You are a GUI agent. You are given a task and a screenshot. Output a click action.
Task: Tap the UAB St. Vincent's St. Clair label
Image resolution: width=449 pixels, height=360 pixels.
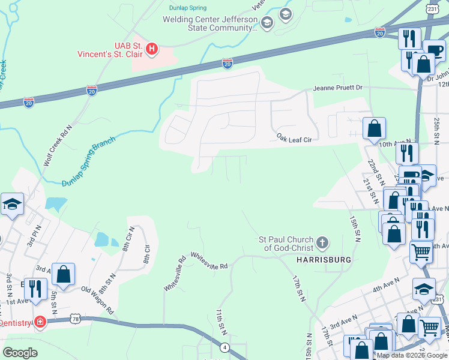click(x=116, y=50)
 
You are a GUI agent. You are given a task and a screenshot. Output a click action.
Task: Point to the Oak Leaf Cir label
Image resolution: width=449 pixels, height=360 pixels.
click(x=294, y=139)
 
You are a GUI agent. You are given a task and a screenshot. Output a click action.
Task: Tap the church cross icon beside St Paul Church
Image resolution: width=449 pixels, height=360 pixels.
click(x=322, y=242)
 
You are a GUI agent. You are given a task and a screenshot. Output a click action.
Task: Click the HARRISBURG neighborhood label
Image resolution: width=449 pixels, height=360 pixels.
click(x=323, y=259)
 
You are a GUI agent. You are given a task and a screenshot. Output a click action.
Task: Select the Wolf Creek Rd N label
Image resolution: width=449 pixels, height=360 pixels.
click(x=57, y=146)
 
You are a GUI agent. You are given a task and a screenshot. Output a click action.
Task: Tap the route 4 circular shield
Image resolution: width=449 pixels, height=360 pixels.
click(x=224, y=347)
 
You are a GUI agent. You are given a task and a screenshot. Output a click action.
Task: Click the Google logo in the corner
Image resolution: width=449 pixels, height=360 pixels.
click(x=20, y=352)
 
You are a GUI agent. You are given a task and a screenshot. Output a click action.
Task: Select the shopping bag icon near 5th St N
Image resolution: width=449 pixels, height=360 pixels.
click(x=63, y=274)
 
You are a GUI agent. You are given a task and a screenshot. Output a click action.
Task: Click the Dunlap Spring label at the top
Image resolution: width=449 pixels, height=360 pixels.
click(x=186, y=8)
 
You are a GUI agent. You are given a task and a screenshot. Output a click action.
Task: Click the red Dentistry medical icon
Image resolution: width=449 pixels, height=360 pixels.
click(x=40, y=322)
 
